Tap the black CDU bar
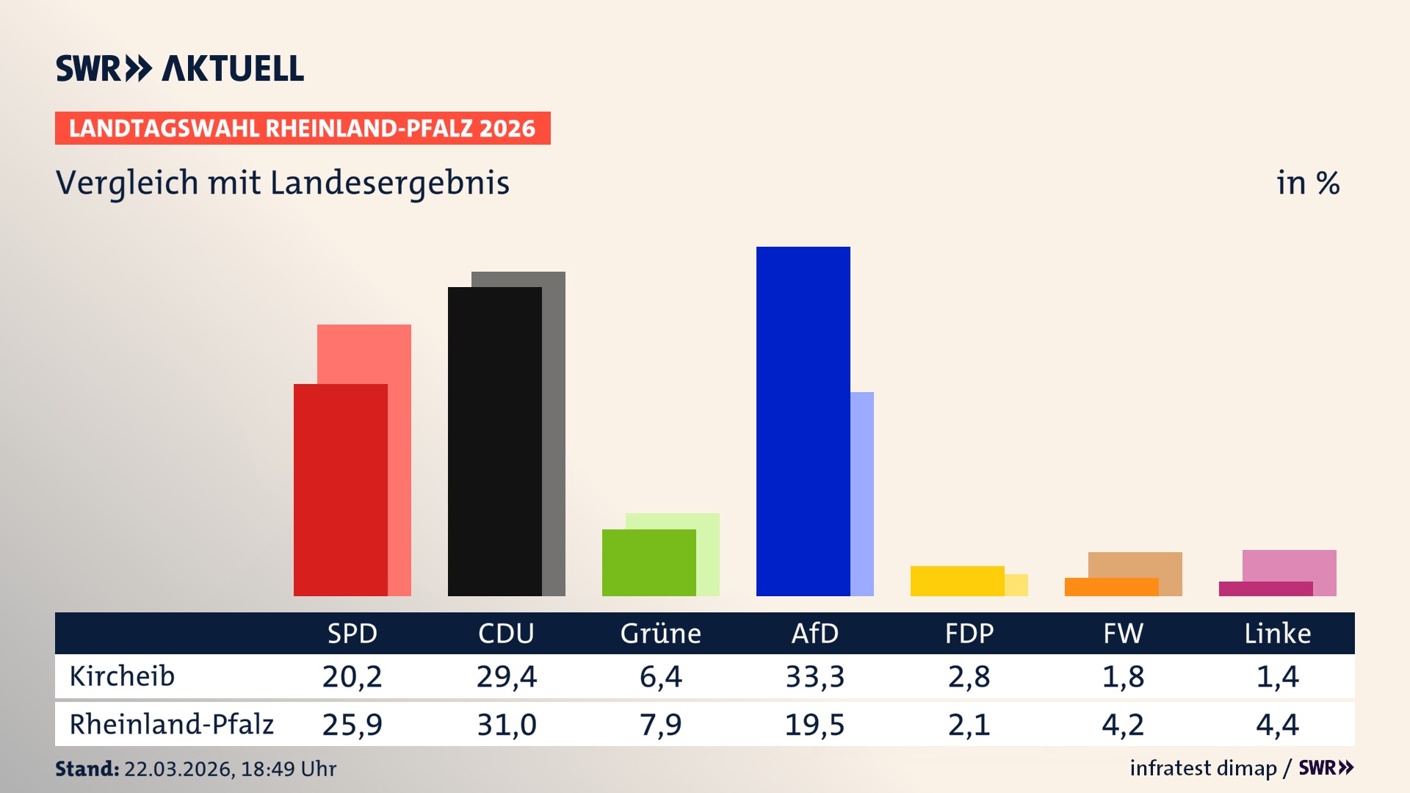[494, 441]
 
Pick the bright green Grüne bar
[648, 562]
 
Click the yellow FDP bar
[957, 581]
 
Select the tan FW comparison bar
[1135, 564]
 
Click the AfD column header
[814, 633]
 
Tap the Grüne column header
[660, 633]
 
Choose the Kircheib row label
[122, 676]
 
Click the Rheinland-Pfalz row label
[171, 725]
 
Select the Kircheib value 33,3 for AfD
[814, 676]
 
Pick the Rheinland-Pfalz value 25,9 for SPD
[352, 725]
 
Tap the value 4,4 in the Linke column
[1277, 725]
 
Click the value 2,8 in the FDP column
[969, 676]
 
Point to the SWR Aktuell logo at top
[179, 68]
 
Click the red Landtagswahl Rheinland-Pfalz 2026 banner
[303, 128]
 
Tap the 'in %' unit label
[1307, 183]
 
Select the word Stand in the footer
[87, 769]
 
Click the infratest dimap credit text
[1202, 768]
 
